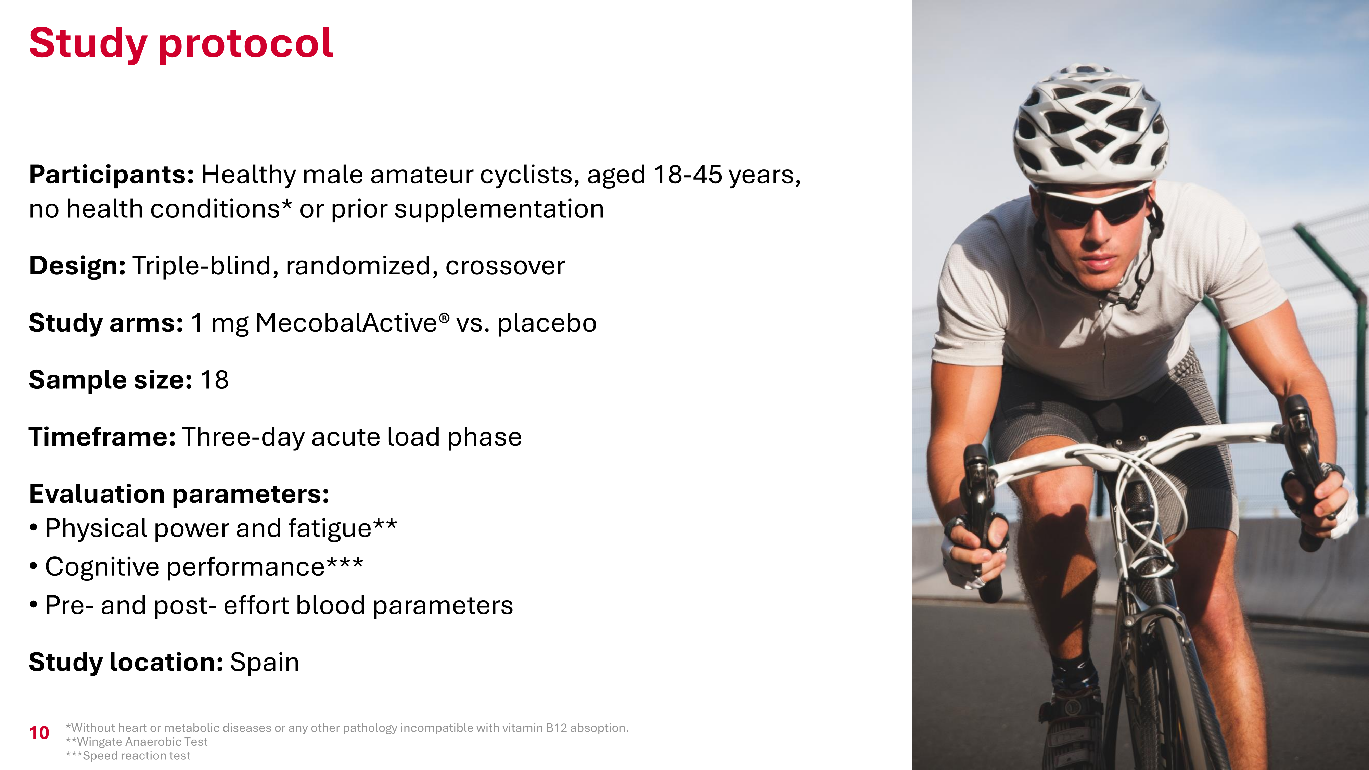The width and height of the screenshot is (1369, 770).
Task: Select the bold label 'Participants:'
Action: tap(112, 175)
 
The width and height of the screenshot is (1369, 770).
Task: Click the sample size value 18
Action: tap(214, 380)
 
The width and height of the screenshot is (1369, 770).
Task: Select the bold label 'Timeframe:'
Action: tap(102, 437)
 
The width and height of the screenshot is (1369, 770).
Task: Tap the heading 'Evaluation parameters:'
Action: tap(179, 494)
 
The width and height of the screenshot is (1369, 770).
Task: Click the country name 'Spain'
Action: tap(265, 663)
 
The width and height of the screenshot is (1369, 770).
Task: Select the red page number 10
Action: tap(39, 733)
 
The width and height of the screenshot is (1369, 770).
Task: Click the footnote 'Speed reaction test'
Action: tap(136, 756)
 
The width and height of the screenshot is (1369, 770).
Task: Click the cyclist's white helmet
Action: tap(1089, 125)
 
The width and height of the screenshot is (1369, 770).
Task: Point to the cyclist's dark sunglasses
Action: tap(1095, 208)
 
